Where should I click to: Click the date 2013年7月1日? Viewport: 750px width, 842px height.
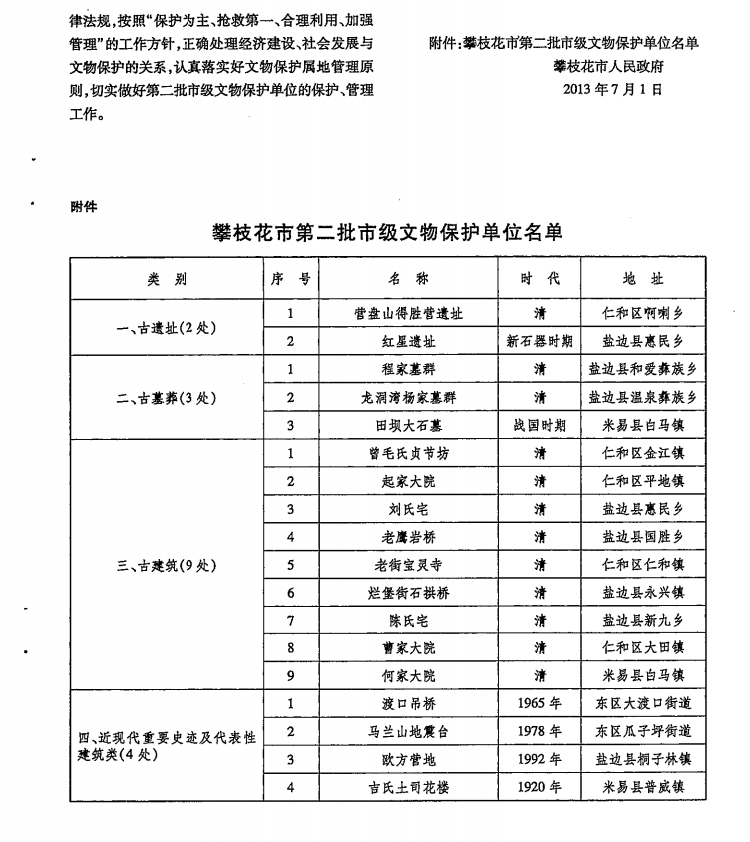point(611,88)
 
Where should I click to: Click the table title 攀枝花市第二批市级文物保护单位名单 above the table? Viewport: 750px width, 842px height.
point(388,232)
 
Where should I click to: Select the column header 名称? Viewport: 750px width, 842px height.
point(408,279)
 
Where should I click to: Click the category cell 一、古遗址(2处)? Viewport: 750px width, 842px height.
point(167,327)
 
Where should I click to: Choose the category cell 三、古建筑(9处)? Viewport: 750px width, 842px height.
point(167,566)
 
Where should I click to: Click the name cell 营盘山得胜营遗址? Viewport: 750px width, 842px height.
point(408,313)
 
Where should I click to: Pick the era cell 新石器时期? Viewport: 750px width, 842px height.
point(540,341)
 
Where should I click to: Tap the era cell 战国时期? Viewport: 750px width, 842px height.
point(540,425)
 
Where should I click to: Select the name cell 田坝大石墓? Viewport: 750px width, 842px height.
point(408,425)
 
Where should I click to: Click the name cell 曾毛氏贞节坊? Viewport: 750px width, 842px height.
point(408,453)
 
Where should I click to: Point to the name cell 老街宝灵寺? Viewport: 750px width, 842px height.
point(408,565)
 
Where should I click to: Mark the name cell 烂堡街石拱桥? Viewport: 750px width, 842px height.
point(408,593)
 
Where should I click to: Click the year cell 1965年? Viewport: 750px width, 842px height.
point(540,704)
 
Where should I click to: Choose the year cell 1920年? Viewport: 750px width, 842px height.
point(540,788)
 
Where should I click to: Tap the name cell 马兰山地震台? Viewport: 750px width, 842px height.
point(408,732)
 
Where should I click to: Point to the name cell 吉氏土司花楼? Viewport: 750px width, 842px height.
point(408,788)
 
